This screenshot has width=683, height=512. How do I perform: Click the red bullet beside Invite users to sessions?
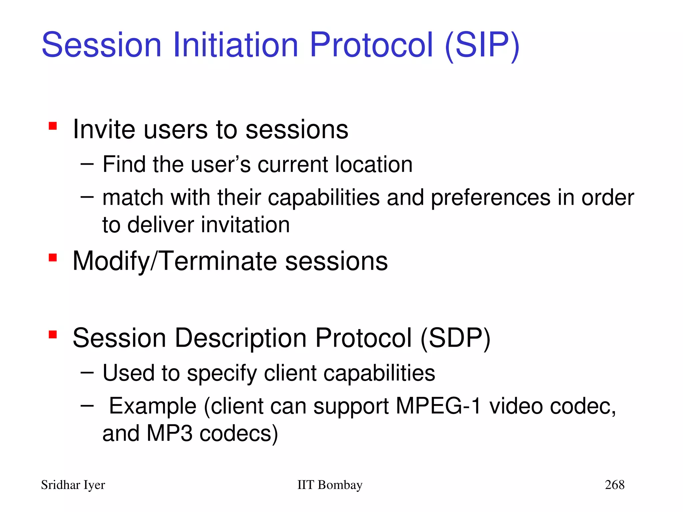(x=53, y=126)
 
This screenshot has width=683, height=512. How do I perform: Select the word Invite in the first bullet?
(x=104, y=129)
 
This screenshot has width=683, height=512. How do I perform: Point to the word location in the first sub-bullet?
(x=374, y=165)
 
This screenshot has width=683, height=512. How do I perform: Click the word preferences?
(x=491, y=198)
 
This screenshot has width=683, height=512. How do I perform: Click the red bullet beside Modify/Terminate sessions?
(x=53, y=258)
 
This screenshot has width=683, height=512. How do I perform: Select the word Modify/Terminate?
(x=174, y=261)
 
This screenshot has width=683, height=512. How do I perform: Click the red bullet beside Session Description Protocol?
(x=53, y=334)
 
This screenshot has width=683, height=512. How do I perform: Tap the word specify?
(x=222, y=373)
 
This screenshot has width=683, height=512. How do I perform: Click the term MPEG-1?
(x=438, y=406)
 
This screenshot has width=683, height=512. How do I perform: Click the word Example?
(x=152, y=406)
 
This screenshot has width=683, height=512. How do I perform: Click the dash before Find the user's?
(x=87, y=164)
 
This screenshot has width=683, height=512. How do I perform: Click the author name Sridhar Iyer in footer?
(x=73, y=485)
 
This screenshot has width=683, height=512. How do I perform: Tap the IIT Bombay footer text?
(x=329, y=485)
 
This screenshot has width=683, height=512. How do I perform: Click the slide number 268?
(x=614, y=485)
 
